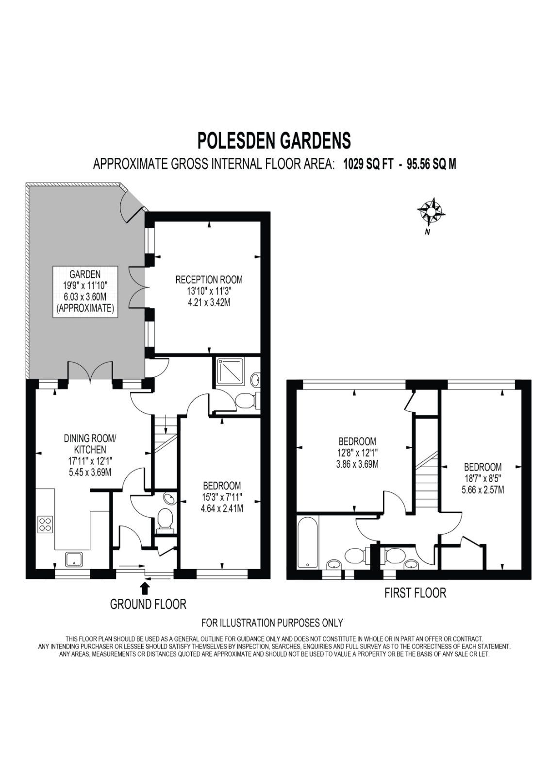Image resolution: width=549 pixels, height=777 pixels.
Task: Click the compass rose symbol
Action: [430, 211]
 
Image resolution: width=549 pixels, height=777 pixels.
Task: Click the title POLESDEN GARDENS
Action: [274, 140]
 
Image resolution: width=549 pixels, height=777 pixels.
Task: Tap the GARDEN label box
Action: [85, 291]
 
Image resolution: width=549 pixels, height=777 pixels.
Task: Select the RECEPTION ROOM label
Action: [209, 280]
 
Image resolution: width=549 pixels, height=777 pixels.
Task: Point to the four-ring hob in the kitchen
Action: [45, 524]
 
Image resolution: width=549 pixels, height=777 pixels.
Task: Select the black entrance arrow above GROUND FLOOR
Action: [145, 588]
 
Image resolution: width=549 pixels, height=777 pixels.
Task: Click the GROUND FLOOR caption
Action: [148, 605]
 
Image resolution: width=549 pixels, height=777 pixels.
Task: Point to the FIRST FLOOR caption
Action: [415, 592]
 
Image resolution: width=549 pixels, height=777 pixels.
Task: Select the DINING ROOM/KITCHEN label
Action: [90, 444]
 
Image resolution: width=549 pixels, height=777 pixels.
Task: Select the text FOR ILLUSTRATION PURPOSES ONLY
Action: [272, 623]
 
